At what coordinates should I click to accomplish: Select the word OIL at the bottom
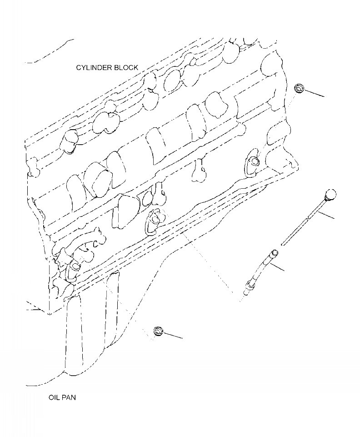click(54, 397)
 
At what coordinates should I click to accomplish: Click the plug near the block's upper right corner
click(299, 89)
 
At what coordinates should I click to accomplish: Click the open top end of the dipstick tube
click(275, 252)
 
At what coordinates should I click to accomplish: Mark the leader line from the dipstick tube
click(274, 266)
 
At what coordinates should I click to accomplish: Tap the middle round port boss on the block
click(155, 219)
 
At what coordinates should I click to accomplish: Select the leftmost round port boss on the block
click(73, 266)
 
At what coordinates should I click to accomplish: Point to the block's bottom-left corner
click(49, 313)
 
